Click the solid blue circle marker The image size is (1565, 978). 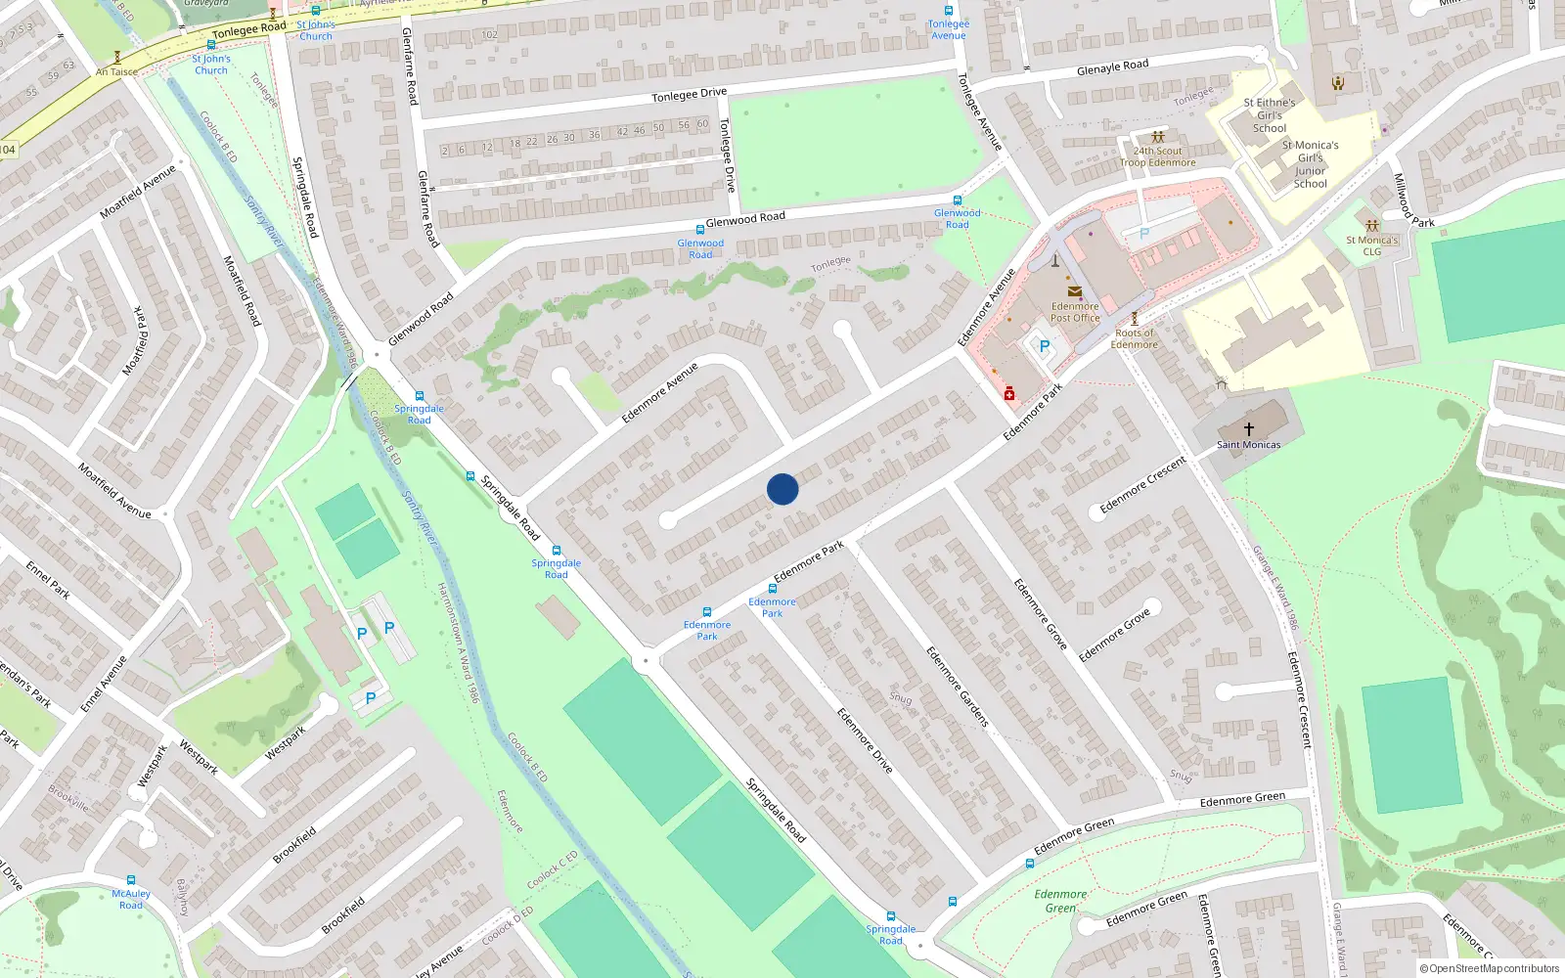click(x=782, y=489)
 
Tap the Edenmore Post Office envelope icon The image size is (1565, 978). click(x=1074, y=290)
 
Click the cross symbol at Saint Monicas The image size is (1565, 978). click(x=1249, y=428)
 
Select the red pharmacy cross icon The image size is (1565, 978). click(x=1009, y=394)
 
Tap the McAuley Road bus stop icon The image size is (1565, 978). click(x=131, y=879)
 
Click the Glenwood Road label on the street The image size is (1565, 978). click(x=745, y=219)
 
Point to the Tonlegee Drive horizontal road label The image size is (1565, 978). click(x=690, y=95)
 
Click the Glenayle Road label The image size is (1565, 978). click(x=1112, y=67)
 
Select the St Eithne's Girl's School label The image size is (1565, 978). click(x=1270, y=115)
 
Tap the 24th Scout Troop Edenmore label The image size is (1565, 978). click(x=1158, y=156)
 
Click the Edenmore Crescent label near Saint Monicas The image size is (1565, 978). click(x=1142, y=485)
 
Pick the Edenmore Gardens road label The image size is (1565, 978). click(x=958, y=687)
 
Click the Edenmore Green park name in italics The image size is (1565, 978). click(x=1060, y=901)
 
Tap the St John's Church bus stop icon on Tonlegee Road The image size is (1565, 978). click(x=210, y=45)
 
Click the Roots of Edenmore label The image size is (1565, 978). click(x=1135, y=338)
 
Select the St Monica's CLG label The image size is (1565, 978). click(x=1371, y=245)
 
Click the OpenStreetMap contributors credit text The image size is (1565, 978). click(x=1490, y=968)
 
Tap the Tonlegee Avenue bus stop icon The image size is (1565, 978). click(x=948, y=11)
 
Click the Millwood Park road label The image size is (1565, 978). click(x=1413, y=201)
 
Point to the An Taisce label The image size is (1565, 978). click(x=116, y=71)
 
